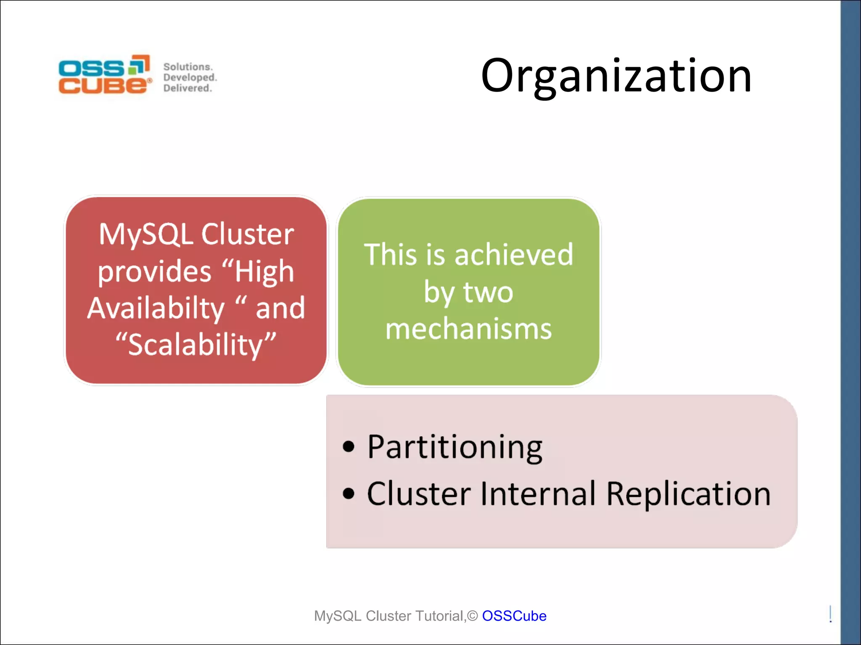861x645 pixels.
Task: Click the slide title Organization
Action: (616, 76)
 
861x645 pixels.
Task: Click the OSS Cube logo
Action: (104, 75)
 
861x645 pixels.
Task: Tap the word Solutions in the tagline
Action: (188, 67)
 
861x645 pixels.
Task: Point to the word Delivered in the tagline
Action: (187, 88)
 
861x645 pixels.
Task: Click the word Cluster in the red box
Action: (247, 234)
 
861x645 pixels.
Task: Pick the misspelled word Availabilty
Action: (156, 308)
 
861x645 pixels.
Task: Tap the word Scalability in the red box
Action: (195, 345)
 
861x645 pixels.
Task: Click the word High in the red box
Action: (264, 271)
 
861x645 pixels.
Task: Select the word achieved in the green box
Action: (514, 254)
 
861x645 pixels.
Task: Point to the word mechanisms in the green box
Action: (468, 328)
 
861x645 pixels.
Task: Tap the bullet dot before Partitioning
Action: (349, 447)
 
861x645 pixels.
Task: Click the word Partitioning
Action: (455, 447)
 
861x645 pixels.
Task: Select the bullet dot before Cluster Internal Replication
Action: (349, 493)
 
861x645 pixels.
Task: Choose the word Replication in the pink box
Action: (688, 493)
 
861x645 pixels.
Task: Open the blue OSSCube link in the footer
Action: (514, 616)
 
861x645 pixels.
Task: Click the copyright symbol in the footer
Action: (473, 616)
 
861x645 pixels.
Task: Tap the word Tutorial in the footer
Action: (439, 616)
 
